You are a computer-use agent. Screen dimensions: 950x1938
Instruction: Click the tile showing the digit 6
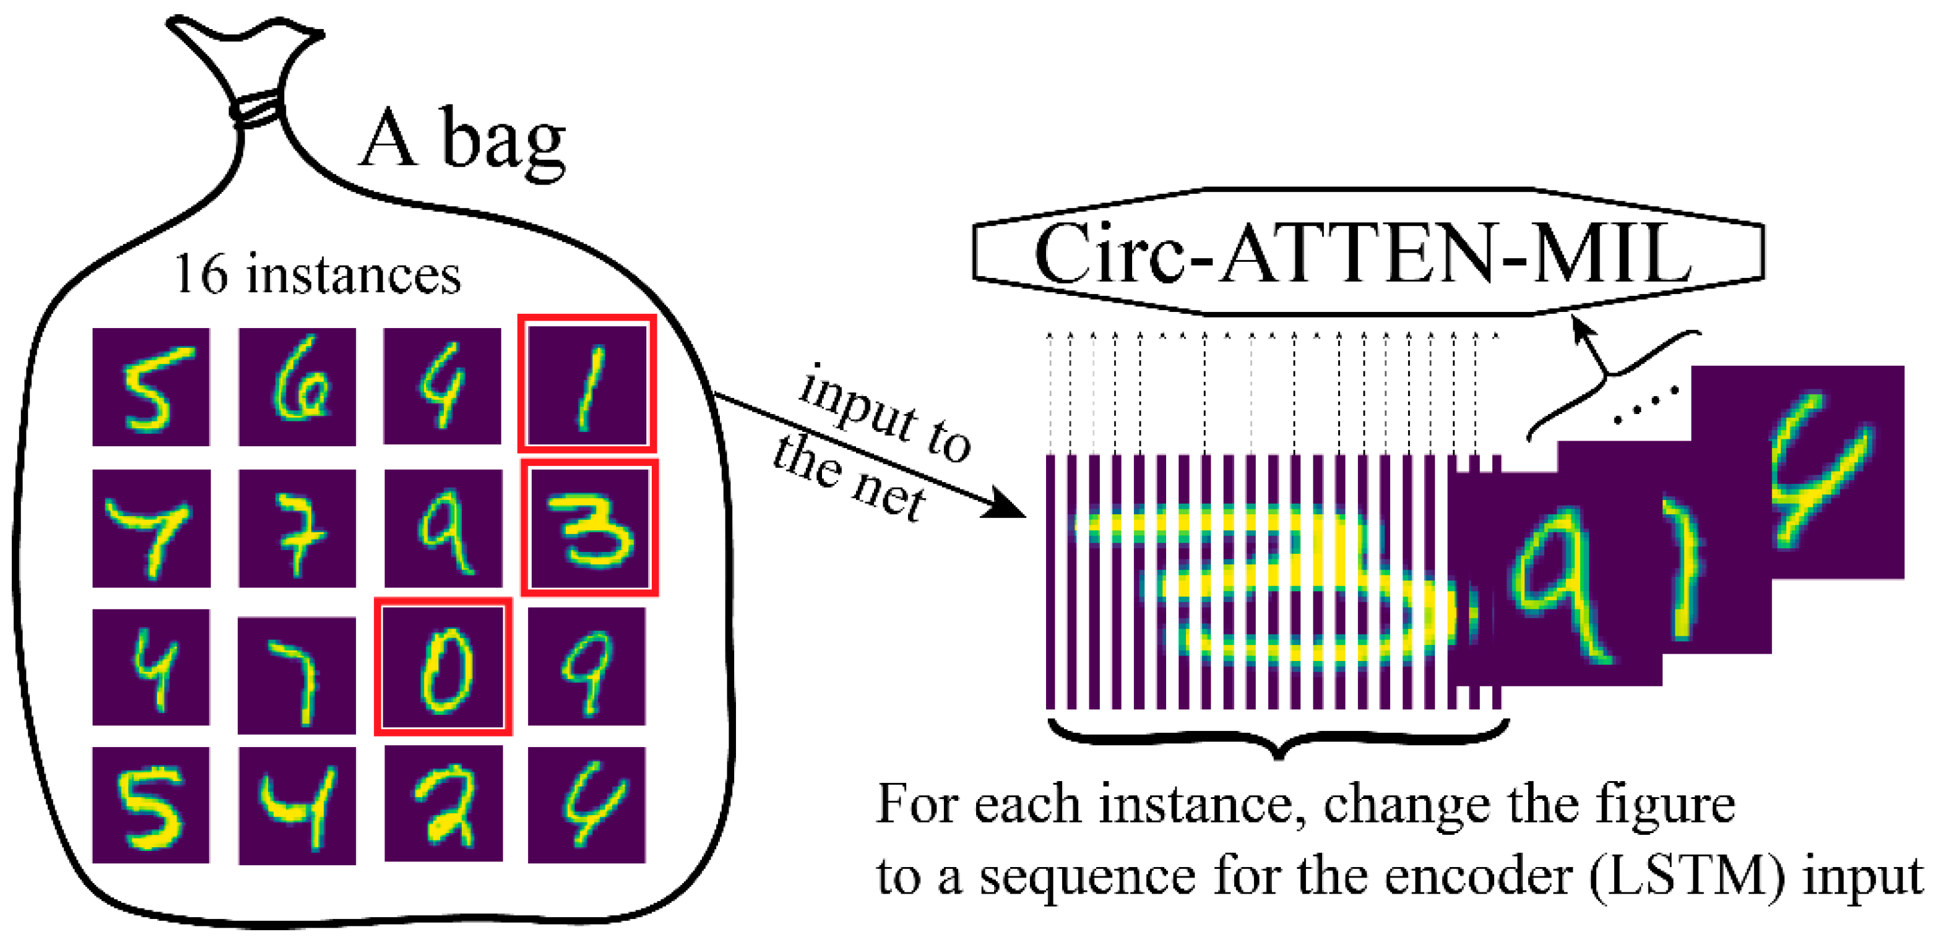click(297, 387)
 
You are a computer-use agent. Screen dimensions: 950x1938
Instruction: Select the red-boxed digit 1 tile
click(587, 384)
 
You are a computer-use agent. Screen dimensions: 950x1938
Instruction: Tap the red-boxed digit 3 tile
click(590, 528)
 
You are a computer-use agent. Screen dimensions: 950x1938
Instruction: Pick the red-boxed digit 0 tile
click(443, 667)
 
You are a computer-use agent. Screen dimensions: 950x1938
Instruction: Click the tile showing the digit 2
click(443, 803)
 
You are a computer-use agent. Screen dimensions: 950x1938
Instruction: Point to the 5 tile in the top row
click(151, 387)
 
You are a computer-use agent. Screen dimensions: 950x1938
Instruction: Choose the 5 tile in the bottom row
click(151, 805)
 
